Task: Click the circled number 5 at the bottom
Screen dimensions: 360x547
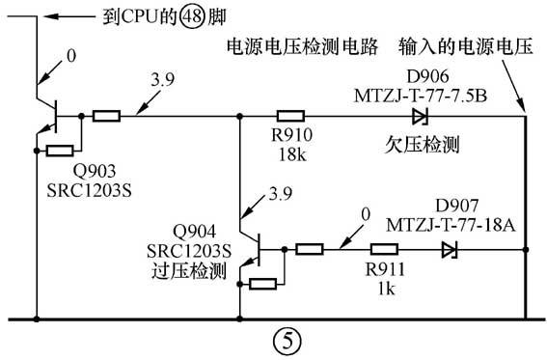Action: pyautogui.click(x=286, y=340)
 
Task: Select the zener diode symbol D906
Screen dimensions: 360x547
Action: pyautogui.click(x=420, y=116)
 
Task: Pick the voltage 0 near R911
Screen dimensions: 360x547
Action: pyautogui.click(x=364, y=214)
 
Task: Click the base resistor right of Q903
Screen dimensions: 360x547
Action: pyautogui.click(x=106, y=116)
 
